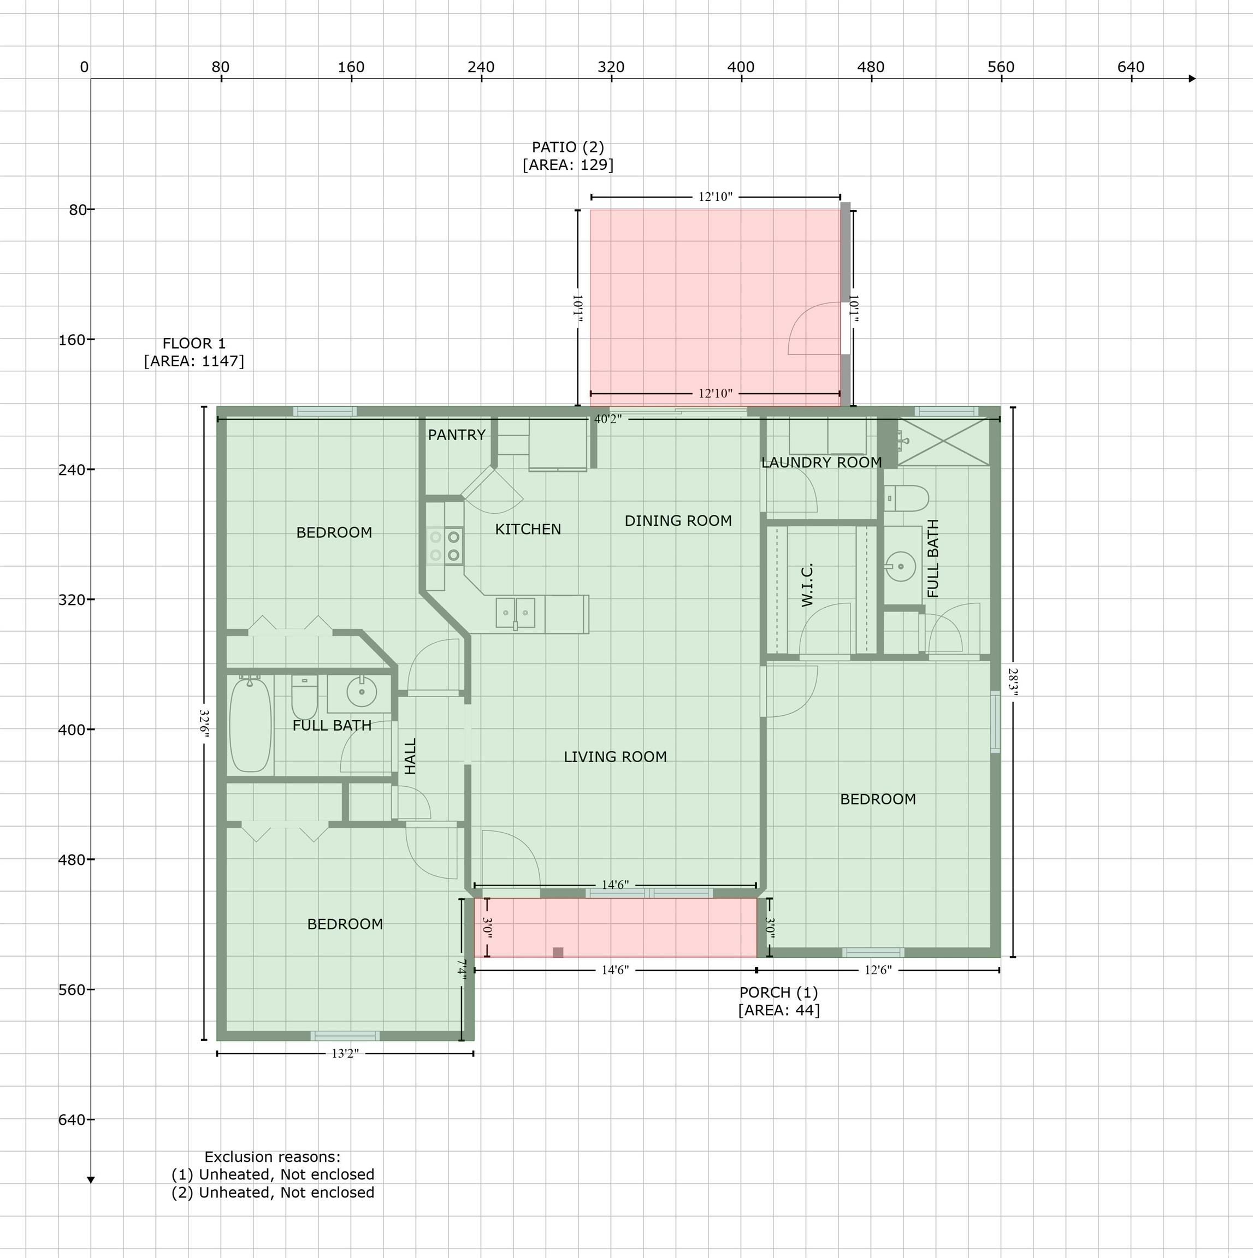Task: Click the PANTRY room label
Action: tap(457, 435)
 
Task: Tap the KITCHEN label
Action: tap(528, 530)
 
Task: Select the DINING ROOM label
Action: tap(678, 521)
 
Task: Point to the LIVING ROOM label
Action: tap(616, 757)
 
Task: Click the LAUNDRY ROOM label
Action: tap(822, 462)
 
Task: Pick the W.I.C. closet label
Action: tap(807, 585)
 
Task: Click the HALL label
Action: tap(410, 756)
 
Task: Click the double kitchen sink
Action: tap(516, 613)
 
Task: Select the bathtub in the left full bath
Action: tap(250, 725)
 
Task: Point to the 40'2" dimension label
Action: tap(607, 419)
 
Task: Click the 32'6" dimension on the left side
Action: tap(204, 723)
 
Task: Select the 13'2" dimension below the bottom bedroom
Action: tap(345, 1054)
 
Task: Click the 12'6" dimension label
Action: tap(878, 970)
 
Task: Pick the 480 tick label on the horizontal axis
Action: tap(871, 67)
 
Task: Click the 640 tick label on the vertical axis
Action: tap(72, 1119)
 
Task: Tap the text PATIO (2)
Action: tap(568, 147)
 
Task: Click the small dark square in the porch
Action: tap(558, 953)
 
